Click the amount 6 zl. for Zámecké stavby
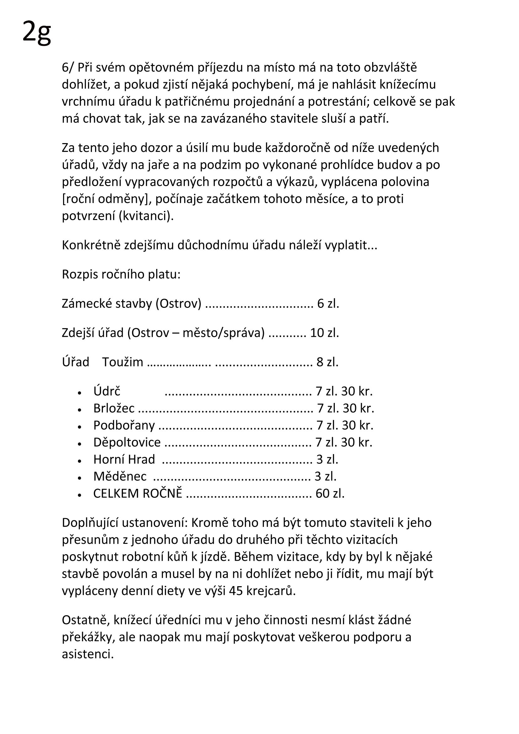328,303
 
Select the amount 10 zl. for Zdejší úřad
324,333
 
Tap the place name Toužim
122,362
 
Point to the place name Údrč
107,391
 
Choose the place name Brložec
114,408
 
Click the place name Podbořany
124,425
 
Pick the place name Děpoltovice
127,442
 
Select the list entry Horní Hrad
124,459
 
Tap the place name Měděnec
120,476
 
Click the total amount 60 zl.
330,494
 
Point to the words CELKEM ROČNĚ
137,494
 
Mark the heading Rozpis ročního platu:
121,274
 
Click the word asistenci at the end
88,654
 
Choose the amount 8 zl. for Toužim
327,362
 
